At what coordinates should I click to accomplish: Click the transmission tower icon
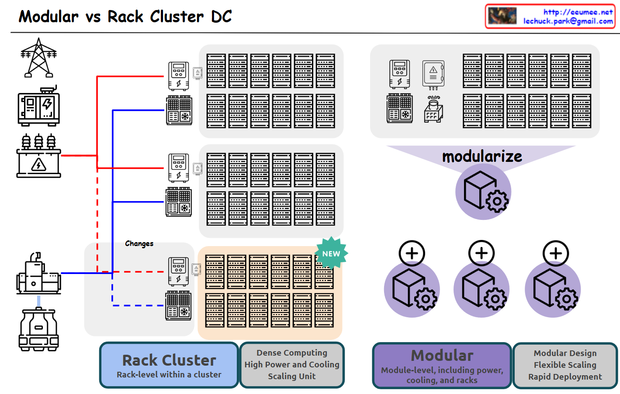pyautogui.click(x=38, y=58)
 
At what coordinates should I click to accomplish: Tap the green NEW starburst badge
pyautogui.click(x=331, y=253)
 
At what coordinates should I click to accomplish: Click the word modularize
pyautogui.click(x=482, y=156)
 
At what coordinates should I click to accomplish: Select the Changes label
pyautogui.click(x=139, y=243)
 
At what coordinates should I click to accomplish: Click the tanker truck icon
pyautogui.click(x=38, y=329)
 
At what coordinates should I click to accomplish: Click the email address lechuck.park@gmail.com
pyautogui.click(x=568, y=21)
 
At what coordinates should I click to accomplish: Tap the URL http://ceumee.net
pyautogui.click(x=578, y=12)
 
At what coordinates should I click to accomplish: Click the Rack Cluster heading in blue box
pyautogui.click(x=169, y=360)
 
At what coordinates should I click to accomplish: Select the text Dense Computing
pyautogui.click(x=291, y=353)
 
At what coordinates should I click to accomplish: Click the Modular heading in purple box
pyautogui.click(x=442, y=355)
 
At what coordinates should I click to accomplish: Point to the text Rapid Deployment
pyautogui.click(x=565, y=377)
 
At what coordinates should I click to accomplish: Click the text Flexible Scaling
pyautogui.click(x=565, y=365)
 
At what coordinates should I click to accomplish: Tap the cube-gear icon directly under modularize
pyautogui.click(x=483, y=192)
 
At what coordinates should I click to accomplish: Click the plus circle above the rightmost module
pyautogui.click(x=555, y=253)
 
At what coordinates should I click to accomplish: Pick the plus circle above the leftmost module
pyautogui.click(x=412, y=253)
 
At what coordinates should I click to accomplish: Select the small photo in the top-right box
pyautogui.click(x=502, y=16)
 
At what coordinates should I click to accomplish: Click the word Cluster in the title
pyautogui.click(x=177, y=17)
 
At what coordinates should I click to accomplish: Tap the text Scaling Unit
pyautogui.click(x=291, y=376)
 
